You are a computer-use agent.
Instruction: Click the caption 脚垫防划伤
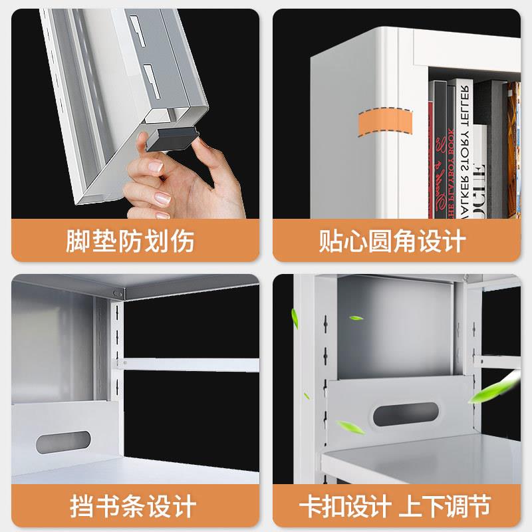[130, 241]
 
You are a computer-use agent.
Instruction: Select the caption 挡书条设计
[133, 507]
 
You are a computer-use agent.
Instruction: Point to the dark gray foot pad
[172, 138]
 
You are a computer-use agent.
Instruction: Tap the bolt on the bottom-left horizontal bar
[124, 363]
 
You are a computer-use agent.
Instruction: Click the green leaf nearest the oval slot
[347, 425]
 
